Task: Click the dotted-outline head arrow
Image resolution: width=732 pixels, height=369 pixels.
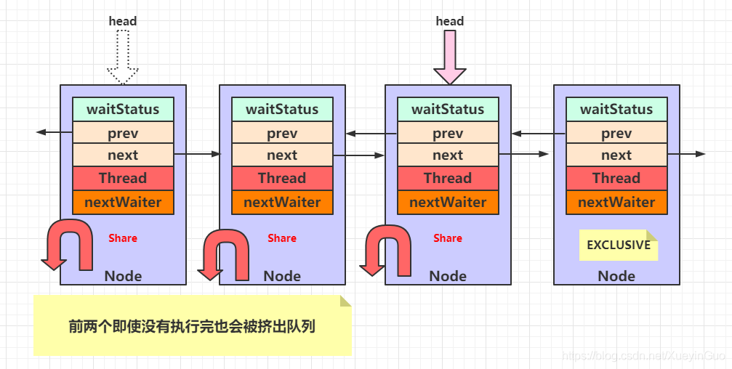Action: (123, 58)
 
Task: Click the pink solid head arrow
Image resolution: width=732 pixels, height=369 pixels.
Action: (449, 58)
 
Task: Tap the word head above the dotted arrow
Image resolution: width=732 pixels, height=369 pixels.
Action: (123, 21)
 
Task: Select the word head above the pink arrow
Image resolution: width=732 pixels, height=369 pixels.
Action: (449, 21)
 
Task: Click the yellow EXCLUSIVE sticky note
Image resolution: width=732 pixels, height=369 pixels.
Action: (618, 246)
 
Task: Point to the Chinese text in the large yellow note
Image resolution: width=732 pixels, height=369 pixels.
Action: (192, 326)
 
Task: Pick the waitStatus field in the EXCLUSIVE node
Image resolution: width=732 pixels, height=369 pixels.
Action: (616, 110)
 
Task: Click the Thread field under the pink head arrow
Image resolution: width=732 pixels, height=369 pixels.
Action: (448, 179)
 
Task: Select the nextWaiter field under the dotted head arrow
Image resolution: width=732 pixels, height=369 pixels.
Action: (123, 203)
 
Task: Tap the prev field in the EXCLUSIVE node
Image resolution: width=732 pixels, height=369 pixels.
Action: (616, 134)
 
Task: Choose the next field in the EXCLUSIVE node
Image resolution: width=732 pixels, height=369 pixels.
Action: (616, 155)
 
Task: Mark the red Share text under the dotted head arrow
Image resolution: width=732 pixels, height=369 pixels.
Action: (123, 238)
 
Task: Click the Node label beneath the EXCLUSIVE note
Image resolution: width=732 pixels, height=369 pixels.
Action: (616, 276)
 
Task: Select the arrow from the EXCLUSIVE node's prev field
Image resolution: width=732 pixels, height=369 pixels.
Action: (538, 134)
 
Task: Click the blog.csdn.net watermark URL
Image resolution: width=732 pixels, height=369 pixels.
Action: (644, 356)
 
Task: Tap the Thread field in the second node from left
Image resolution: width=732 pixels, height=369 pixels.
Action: (282, 179)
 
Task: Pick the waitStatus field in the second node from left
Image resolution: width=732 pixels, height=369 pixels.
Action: (282, 110)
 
